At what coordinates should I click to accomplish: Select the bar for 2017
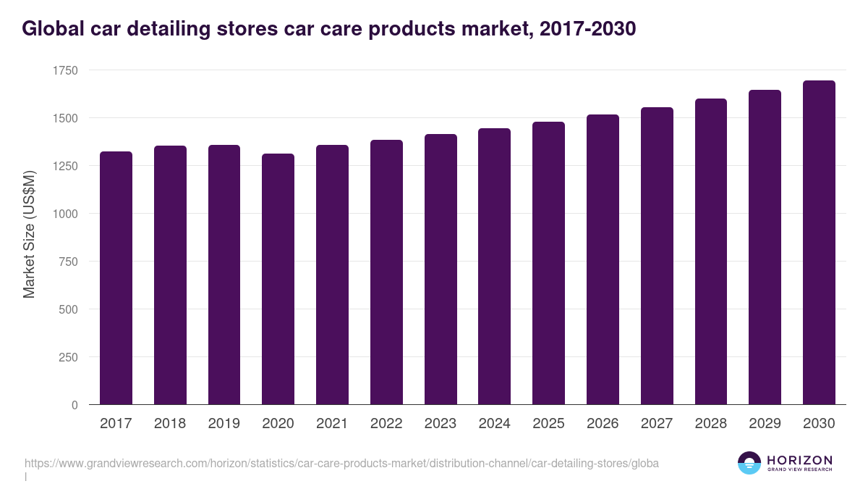click(116, 278)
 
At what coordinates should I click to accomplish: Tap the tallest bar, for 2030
click(819, 243)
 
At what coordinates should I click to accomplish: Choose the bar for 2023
click(441, 269)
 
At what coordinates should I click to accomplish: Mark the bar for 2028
click(710, 251)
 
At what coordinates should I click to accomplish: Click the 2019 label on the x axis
click(224, 424)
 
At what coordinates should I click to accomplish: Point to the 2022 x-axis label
click(386, 424)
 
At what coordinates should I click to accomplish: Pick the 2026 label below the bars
click(603, 424)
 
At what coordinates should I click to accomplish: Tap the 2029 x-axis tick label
click(765, 424)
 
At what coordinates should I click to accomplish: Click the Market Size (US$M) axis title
click(29, 233)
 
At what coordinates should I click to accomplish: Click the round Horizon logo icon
click(749, 463)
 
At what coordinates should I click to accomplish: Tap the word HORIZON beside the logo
click(799, 460)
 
